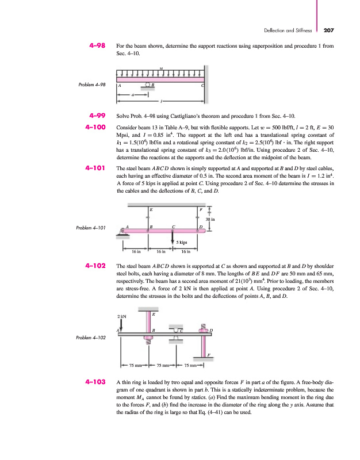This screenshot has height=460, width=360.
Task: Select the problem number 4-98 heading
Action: click(x=94, y=44)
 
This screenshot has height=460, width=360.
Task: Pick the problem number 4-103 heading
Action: click(x=92, y=381)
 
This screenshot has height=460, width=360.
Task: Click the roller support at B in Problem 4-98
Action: click(x=148, y=86)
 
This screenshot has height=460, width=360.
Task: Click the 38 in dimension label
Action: click(x=210, y=219)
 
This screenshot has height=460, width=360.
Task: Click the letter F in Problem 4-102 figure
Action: click(x=208, y=354)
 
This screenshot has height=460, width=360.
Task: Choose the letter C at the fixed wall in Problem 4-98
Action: click(x=201, y=86)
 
